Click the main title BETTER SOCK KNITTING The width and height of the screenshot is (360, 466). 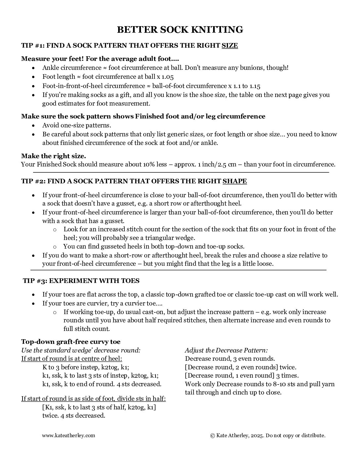pyautogui.click(x=180, y=29)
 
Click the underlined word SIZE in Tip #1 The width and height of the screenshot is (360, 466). pyautogui.click(x=230, y=45)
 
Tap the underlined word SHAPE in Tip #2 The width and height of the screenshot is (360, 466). pyautogui.click(x=235, y=181)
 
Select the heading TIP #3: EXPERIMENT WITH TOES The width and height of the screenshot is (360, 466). pyautogui.click(x=81, y=281)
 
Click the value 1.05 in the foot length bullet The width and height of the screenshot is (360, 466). pyautogui.click(x=168, y=77)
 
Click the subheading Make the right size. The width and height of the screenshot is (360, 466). pyautogui.click(x=54, y=156)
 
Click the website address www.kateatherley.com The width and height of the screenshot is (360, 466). pyautogui.click(x=68, y=435)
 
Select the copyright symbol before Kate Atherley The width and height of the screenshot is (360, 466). pyautogui.click(x=212, y=435)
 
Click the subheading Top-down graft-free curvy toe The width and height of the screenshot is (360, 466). pyautogui.click(x=71, y=342)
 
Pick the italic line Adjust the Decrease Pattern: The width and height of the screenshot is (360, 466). pyautogui.click(x=226, y=350)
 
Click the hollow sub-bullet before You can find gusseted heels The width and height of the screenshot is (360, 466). pyautogui.click(x=55, y=247)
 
